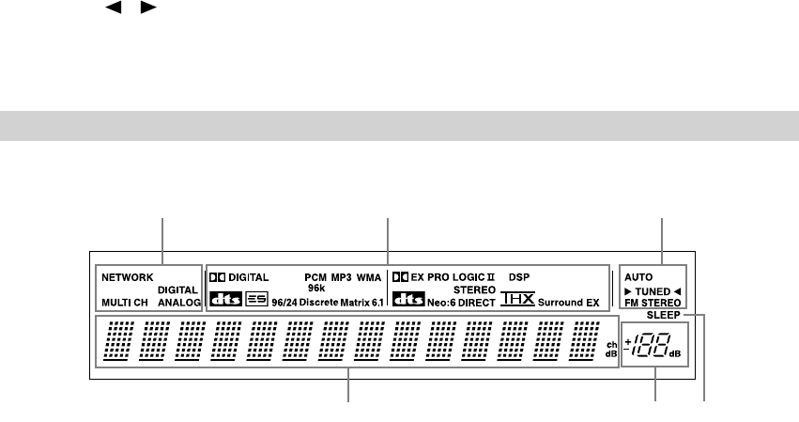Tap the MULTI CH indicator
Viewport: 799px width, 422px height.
point(124,303)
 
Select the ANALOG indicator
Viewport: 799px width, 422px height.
point(179,303)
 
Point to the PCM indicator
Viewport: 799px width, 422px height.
point(315,277)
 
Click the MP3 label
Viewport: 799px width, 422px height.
point(341,277)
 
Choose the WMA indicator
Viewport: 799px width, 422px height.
point(369,277)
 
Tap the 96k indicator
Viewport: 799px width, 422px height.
point(316,289)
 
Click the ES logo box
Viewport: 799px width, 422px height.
point(256,302)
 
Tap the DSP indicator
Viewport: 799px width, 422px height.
point(519,277)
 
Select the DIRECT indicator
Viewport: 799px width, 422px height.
point(477,303)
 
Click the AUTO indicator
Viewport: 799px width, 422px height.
point(636,278)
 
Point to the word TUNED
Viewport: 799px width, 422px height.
point(653,291)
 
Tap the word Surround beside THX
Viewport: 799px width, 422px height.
point(561,303)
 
